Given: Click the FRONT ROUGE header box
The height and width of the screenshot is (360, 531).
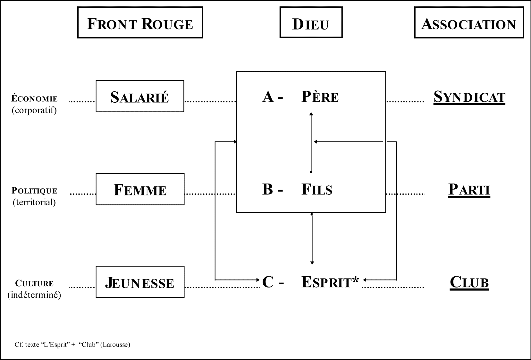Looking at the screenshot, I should click(x=140, y=23).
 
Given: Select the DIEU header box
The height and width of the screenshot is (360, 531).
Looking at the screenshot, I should click(x=311, y=23).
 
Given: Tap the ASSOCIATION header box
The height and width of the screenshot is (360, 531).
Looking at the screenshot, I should click(x=469, y=23).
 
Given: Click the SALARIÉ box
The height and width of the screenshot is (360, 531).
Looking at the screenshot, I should click(x=140, y=96).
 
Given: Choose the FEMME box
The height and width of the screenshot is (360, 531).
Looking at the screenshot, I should click(x=140, y=189).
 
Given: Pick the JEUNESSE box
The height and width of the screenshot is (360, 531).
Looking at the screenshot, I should click(x=140, y=282).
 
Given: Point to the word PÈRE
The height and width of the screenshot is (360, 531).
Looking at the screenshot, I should click(x=320, y=97).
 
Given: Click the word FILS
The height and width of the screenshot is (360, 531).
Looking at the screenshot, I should click(x=317, y=189).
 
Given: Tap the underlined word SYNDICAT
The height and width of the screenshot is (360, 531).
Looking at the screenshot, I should click(x=469, y=97).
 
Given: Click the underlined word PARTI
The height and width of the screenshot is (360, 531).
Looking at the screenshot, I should click(x=469, y=189).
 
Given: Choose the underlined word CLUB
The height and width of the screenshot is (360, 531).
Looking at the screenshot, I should click(x=469, y=282).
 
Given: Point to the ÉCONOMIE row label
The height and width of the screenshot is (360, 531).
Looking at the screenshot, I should click(x=35, y=99).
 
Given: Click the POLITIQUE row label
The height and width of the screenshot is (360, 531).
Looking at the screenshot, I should click(x=35, y=191).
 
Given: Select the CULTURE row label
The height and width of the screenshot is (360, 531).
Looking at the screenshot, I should click(x=35, y=283).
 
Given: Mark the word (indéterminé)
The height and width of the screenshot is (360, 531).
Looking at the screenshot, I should click(x=34, y=295).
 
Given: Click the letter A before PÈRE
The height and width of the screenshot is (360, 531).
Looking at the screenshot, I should click(x=268, y=96).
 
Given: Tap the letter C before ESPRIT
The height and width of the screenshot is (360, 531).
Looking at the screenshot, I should click(x=268, y=282).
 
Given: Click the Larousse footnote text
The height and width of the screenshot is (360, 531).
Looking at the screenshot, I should click(x=72, y=345).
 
